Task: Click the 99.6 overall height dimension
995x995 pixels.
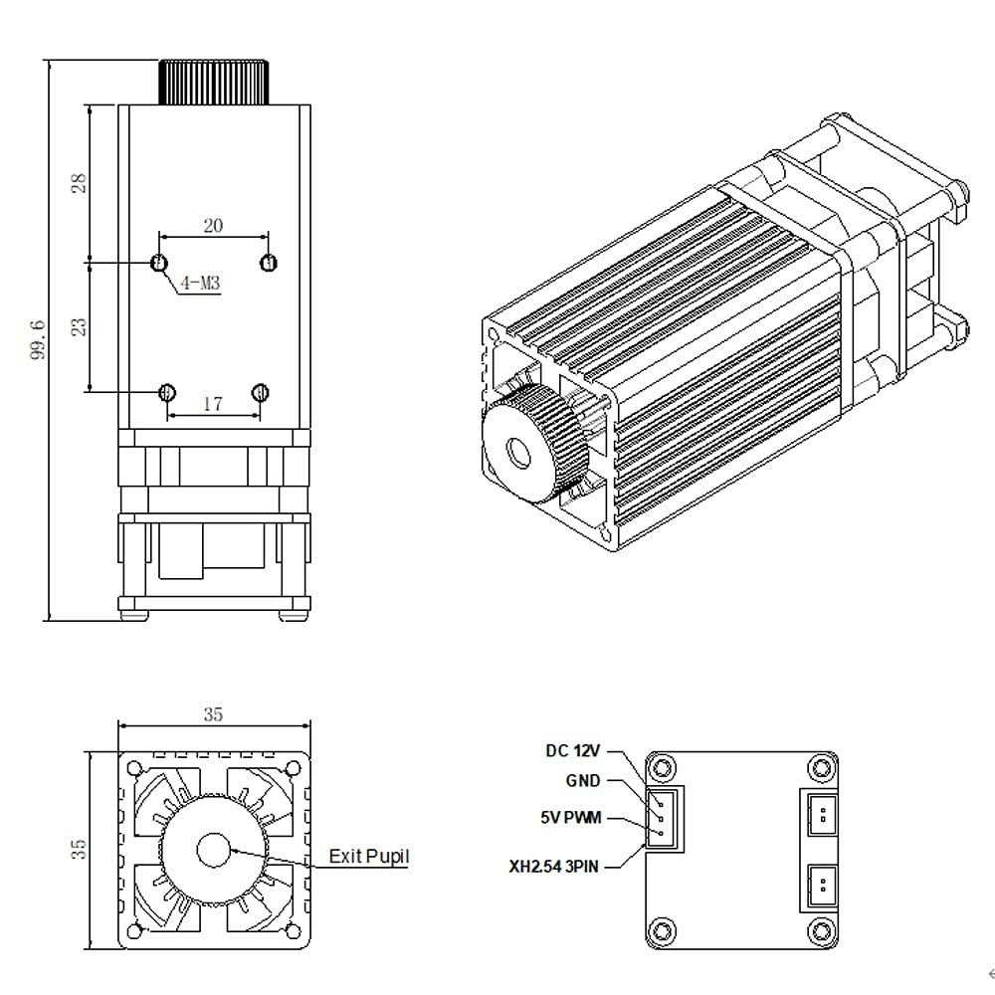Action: pyautogui.click(x=39, y=339)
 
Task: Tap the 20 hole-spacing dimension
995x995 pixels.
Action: pyautogui.click(x=213, y=226)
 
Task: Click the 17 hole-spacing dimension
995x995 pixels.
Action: pyautogui.click(x=212, y=404)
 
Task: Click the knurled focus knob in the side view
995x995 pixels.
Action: pyautogui.click(x=214, y=82)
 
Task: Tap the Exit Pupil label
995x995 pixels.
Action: pyautogui.click(x=368, y=857)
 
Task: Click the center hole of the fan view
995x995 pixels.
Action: pyautogui.click(x=212, y=850)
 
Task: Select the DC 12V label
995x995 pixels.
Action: pyautogui.click(x=573, y=750)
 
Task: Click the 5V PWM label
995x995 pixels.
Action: pyautogui.click(x=571, y=817)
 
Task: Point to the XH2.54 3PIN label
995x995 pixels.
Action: pyautogui.click(x=554, y=867)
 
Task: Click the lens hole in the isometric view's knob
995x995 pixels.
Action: pyautogui.click(x=519, y=454)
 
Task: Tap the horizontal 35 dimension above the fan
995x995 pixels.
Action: pyautogui.click(x=213, y=714)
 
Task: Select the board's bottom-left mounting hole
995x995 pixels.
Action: pyautogui.click(x=661, y=930)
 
